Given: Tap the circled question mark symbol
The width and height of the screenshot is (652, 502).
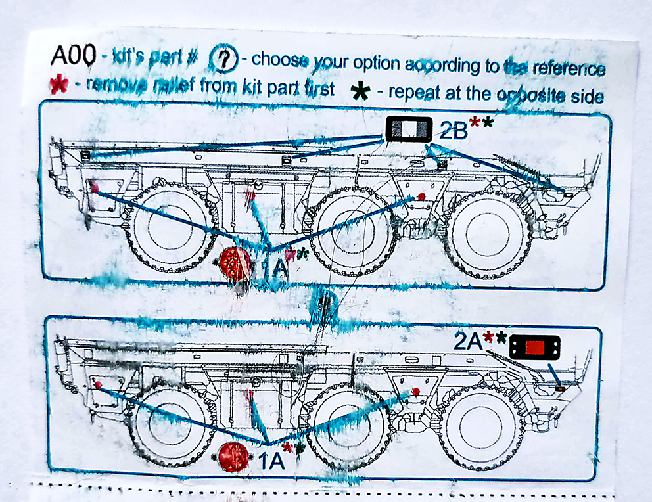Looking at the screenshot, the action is point(223,60).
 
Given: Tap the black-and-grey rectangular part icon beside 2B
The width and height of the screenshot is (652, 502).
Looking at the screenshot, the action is point(408,129).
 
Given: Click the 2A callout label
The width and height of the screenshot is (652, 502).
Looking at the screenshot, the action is point(467,340).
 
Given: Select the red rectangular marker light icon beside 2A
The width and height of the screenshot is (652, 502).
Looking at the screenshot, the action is point(534,347).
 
